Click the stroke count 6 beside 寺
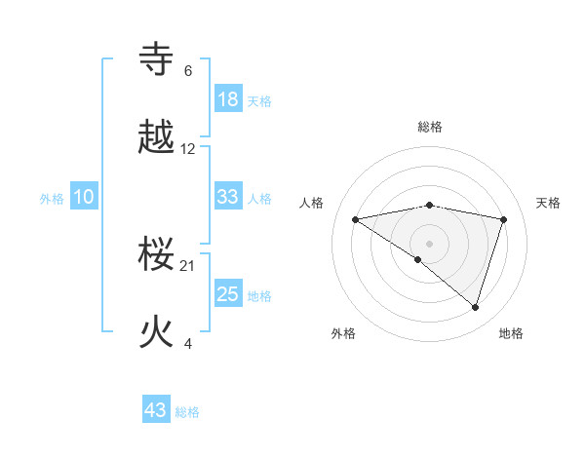[188, 70]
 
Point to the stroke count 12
[188, 149]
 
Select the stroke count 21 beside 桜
[188, 266]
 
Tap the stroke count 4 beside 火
[188, 343]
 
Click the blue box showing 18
[228, 99]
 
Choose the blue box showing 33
[228, 197]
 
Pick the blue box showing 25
[228, 294]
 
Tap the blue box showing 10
[84, 197]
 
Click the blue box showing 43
[156, 410]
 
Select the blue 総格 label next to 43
[187, 412]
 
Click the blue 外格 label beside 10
[52, 199]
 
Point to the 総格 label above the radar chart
[430, 127]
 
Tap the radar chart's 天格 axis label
[549, 203]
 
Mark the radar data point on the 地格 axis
[476, 307]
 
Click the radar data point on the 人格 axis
[356, 219]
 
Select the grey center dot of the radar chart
[430, 243]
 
